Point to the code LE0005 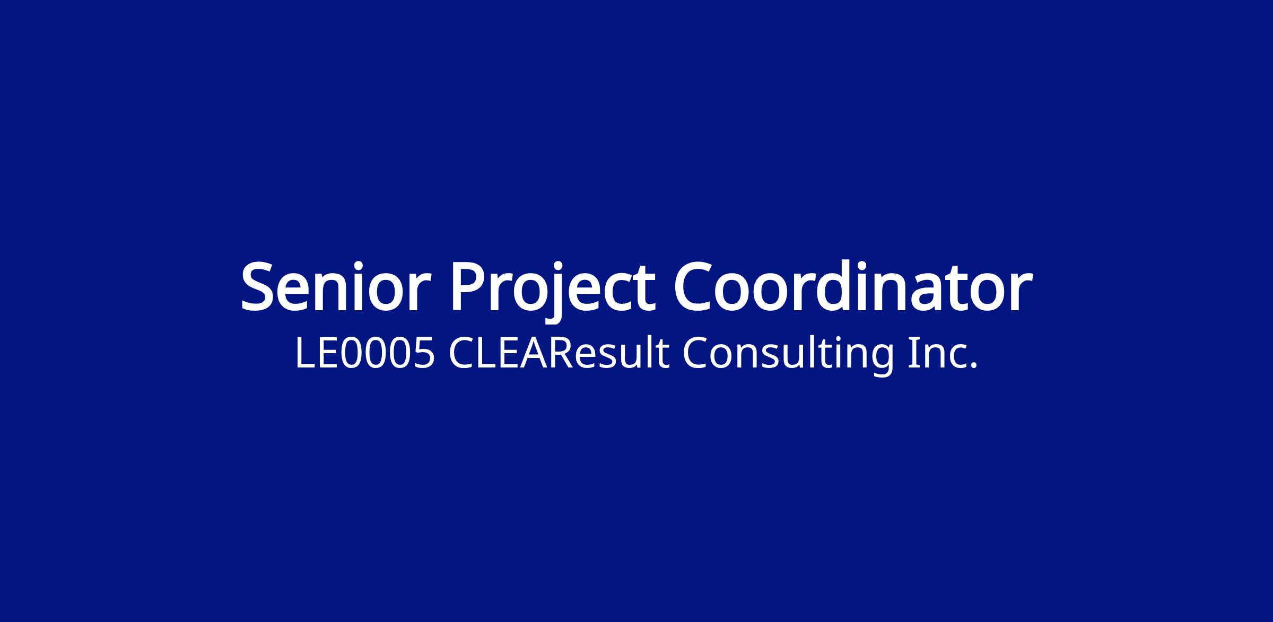[365, 353]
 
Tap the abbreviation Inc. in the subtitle [942, 353]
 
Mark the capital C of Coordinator [695, 286]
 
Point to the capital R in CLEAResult [560, 353]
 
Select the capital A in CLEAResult [534, 353]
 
